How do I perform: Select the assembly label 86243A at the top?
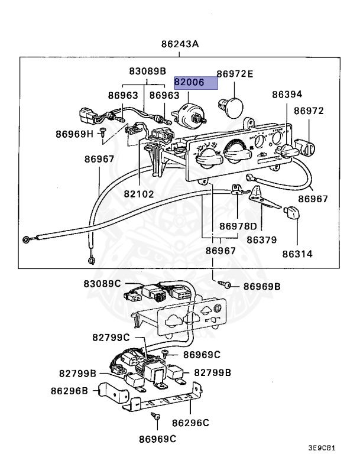(x=180, y=45)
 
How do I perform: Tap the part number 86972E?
(x=235, y=74)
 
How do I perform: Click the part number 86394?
(x=287, y=94)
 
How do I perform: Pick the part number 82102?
(x=139, y=193)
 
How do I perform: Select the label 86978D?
(x=238, y=226)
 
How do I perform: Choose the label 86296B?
(x=69, y=391)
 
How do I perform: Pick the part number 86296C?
(x=191, y=423)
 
